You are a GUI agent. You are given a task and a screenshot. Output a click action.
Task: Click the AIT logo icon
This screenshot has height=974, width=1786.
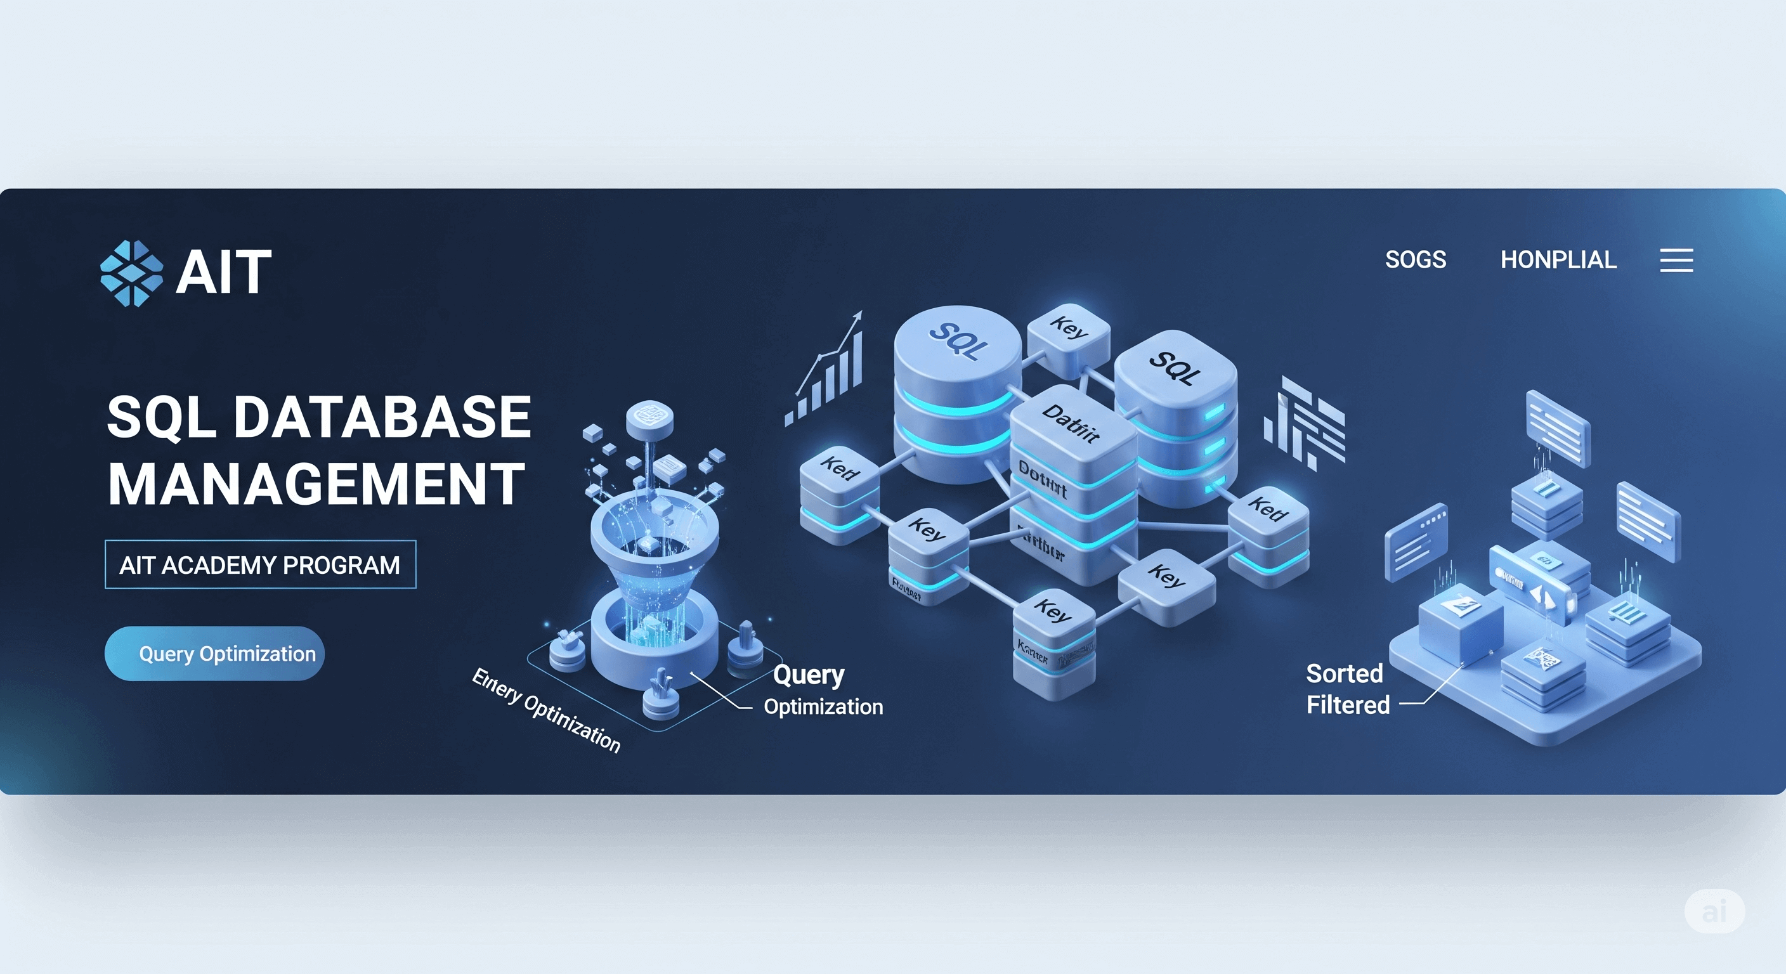point(132,273)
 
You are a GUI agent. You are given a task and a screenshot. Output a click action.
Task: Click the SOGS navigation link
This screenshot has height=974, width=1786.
point(1415,260)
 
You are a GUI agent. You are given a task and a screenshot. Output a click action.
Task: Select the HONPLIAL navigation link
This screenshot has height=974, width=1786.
point(1558,260)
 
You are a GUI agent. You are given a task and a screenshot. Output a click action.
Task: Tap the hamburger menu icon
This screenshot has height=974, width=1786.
point(1676,261)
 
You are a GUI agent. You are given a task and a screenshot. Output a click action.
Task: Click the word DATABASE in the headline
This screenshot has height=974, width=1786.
point(382,417)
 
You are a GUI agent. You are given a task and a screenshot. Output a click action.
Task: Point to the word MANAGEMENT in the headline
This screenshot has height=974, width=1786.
point(316,484)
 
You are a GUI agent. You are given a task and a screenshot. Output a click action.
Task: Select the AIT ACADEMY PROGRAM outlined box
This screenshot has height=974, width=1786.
point(260,565)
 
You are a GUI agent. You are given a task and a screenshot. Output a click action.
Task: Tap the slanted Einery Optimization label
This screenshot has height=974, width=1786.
point(546,710)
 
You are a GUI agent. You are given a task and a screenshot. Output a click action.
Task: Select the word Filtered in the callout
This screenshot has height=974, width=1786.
point(1348,705)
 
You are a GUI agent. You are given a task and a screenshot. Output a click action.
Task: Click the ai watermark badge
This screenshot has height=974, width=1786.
point(1714,911)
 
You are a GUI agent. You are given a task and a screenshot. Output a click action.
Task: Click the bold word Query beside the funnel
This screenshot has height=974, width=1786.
point(809,675)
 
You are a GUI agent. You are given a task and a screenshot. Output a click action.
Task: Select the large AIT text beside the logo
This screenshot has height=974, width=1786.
point(223,273)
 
